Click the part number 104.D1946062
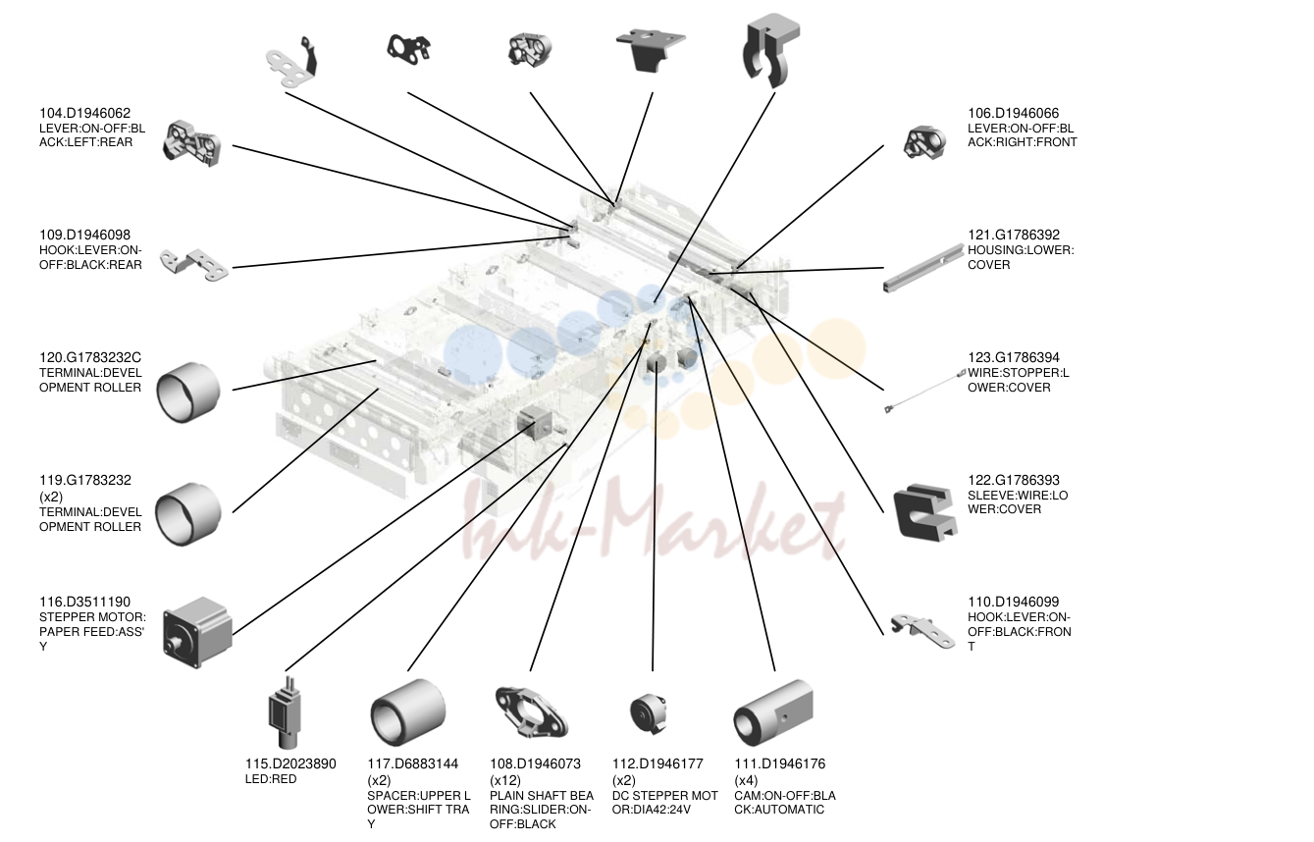tap(84, 113)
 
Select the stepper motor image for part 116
tap(197, 633)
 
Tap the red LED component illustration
tap(285, 712)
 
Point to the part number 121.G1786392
tap(1013, 236)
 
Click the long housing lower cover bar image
tap(923, 268)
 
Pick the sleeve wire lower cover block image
tap(923, 512)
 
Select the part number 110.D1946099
tap(1013, 602)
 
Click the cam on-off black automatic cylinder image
tap(773, 712)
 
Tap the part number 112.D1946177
tap(657, 763)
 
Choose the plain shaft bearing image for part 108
tap(531, 711)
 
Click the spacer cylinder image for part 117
tap(407, 712)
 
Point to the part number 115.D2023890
tap(290, 763)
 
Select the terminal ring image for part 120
tap(187, 392)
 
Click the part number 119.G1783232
tap(85, 481)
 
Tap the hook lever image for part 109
tap(194, 264)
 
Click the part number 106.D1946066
tap(1013, 113)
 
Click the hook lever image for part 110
tap(922, 631)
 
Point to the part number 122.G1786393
tap(1013, 481)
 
